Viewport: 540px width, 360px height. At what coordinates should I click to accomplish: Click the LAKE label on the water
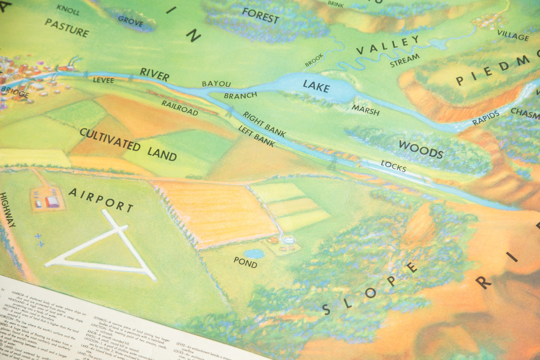[x=316, y=86]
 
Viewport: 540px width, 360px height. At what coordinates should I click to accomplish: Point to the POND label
[x=245, y=262]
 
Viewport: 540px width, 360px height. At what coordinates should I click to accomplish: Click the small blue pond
[x=254, y=254]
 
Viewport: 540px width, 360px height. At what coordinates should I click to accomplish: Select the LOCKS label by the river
[x=393, y=166]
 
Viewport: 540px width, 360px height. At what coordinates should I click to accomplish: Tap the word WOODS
[x=421, y=149]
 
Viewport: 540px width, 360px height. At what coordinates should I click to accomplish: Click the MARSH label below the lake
[x=366, y=110]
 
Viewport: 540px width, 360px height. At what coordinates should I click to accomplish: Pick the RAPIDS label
[x=486, y=118]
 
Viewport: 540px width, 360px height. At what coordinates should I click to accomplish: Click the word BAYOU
[x=216, y=84]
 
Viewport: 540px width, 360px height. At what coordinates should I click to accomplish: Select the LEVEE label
[x=104, y=80]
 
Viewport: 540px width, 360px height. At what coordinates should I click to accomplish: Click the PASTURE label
[x=67, y=28]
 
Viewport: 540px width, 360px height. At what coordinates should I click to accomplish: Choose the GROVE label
[x=130, y=21]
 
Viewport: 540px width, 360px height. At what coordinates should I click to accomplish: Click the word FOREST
[x=261, y=16]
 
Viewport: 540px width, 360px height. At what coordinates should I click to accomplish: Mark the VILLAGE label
[x=513, y=35]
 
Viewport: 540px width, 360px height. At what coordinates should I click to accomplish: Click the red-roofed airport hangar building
[x=52, y=202]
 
